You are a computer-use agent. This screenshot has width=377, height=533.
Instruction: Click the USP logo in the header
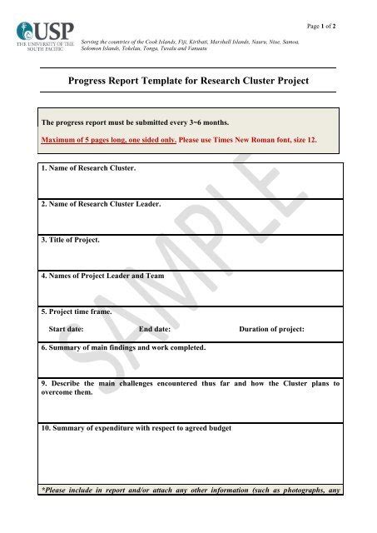pos(46,37)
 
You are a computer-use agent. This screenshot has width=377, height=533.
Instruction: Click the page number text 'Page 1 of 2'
pos(321,27)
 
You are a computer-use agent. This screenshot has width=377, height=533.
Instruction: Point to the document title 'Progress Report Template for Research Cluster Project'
pos(188,81)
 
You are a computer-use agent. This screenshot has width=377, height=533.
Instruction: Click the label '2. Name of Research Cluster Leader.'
pos(101,204)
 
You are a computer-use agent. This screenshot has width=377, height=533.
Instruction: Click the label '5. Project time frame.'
pos(76,311)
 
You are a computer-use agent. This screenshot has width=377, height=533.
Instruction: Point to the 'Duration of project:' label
pos(271,329)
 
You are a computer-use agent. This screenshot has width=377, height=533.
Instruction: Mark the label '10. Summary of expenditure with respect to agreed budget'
pos(136,428)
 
